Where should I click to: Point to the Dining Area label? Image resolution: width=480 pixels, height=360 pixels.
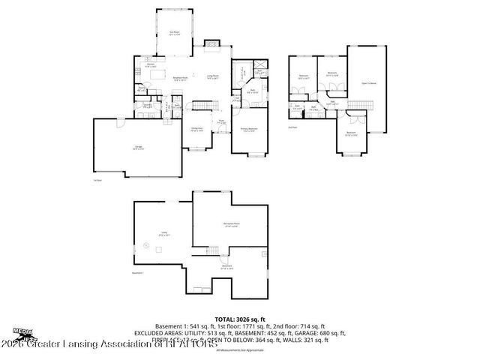196,129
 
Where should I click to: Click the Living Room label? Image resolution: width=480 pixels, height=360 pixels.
212,77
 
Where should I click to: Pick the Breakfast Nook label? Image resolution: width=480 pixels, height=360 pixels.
180,77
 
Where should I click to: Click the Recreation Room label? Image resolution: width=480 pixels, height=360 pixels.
230,224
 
